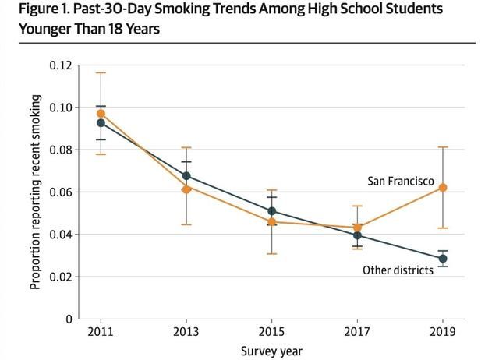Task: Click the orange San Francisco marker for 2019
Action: tap(443, 188)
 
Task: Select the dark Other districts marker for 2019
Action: tap(443, 259)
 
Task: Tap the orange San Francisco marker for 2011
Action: tap(101, 114)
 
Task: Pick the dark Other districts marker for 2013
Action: tap(186, 176)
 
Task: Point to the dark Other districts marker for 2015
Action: tap(271, 211)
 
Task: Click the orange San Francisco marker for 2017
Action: tap(357, 228)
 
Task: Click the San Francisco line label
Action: tap(401, 181)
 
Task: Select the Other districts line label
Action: tap(398, 270)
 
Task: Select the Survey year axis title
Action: tap(271, 351)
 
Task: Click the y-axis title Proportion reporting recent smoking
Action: tap(35, 192)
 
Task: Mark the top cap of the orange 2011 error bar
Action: tap(101, 72)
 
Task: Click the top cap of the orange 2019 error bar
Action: tap(443, 146)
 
